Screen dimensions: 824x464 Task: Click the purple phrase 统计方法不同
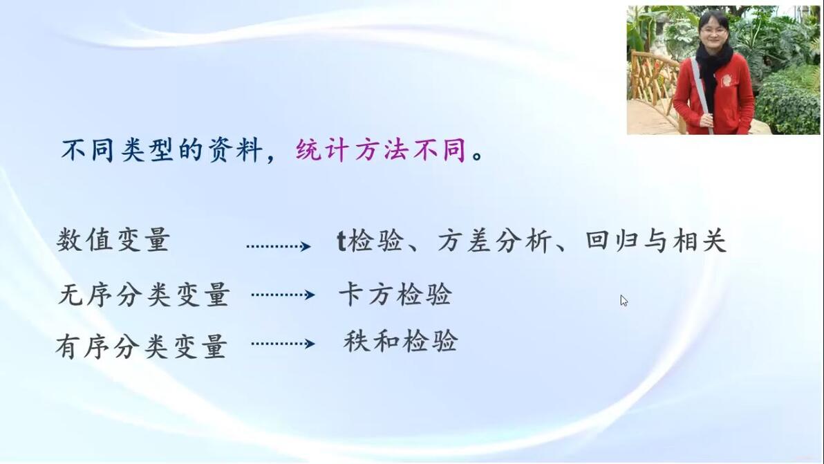coord(380,151)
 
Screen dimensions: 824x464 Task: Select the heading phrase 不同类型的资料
coord(162,151)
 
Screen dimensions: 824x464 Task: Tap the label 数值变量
coord(113,240)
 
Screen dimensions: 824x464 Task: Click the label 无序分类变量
coord(144,295)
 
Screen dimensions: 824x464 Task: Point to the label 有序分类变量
coord(141,346)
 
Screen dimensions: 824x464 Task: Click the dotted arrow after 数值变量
coord(279,246)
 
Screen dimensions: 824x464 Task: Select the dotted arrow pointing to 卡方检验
coord(283,295)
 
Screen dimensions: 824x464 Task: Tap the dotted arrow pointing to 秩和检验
coord(283,344)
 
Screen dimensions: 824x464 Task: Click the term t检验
coord(370,241)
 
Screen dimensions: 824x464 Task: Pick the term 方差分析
coord(494,241)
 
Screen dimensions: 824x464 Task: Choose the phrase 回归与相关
coord(656,240)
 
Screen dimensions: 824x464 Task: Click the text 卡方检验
coord(395,295)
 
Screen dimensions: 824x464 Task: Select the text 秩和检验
coord(400,341)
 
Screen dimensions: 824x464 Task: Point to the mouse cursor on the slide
coord(624,300)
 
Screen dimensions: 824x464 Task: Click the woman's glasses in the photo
coord(713,30)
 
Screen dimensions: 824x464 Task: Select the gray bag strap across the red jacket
coord(702,95)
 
